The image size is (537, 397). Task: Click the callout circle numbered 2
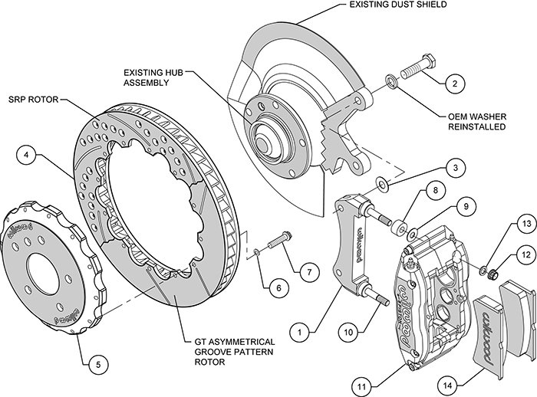click(454, 83)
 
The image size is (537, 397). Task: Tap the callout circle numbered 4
click(27, 156)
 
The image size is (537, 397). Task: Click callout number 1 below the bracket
click(301, 313)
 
